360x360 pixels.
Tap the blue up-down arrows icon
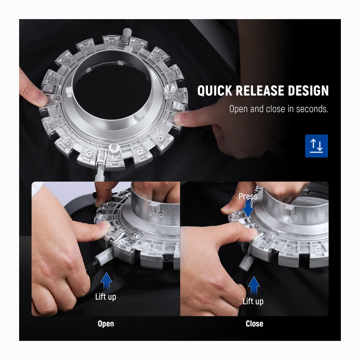coord(316,146)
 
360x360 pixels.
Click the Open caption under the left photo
coord(105,324)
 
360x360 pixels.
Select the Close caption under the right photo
coord(255,324)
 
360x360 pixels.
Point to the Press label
coord(248,196)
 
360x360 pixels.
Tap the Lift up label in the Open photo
coord(105,296)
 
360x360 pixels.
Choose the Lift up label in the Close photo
coord(253,301)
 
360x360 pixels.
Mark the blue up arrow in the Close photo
coord(254,285)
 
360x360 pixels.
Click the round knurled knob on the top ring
coord(170,91)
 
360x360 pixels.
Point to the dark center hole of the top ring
coord(112,92)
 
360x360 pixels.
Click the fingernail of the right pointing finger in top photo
coord(179,118)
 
